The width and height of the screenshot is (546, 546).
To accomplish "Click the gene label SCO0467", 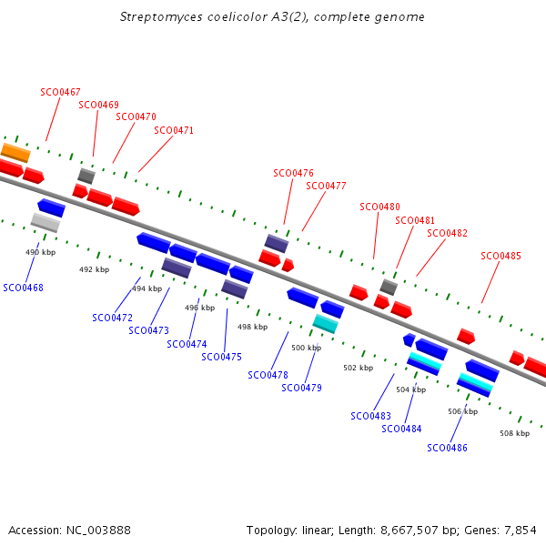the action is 60,92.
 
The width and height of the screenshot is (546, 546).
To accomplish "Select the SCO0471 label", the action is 174,130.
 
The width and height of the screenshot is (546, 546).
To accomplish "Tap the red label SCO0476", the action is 293,173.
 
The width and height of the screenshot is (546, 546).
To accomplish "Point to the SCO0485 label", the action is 500,256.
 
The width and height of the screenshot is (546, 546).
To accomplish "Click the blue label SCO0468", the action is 23,288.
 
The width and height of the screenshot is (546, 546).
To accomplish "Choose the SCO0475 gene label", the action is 221,357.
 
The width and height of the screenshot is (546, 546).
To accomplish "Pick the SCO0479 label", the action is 301,388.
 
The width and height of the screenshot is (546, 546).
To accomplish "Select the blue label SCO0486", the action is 447,448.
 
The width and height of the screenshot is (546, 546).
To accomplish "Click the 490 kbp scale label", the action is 40,252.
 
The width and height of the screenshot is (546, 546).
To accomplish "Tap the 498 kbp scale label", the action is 252,327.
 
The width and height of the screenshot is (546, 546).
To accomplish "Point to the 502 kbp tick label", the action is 358,368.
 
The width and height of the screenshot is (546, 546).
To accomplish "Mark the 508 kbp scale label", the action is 515,433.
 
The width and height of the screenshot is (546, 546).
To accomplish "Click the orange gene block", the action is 15,153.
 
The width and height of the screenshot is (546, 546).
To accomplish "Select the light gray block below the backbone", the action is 45,223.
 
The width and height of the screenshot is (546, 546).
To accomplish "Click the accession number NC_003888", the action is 98,531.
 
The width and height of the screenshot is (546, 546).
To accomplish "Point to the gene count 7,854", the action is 521,531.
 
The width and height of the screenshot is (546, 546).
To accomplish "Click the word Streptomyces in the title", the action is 161,17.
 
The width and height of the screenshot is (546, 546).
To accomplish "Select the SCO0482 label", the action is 447,233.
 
